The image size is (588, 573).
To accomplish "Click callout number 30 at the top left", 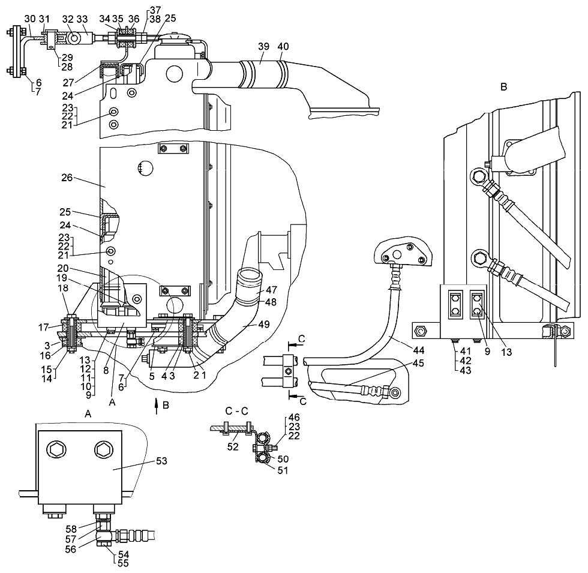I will click(x=30, y=19).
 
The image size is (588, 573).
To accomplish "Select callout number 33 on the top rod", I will click(x=82, y=19).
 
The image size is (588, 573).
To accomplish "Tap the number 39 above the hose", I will click(x=263, y=47).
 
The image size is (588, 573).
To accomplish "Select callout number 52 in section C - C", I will click(x=233, y=447).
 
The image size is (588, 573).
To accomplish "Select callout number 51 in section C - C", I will click(x=282, y=470).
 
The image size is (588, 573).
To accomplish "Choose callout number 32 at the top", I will click(x=67, y=19).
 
